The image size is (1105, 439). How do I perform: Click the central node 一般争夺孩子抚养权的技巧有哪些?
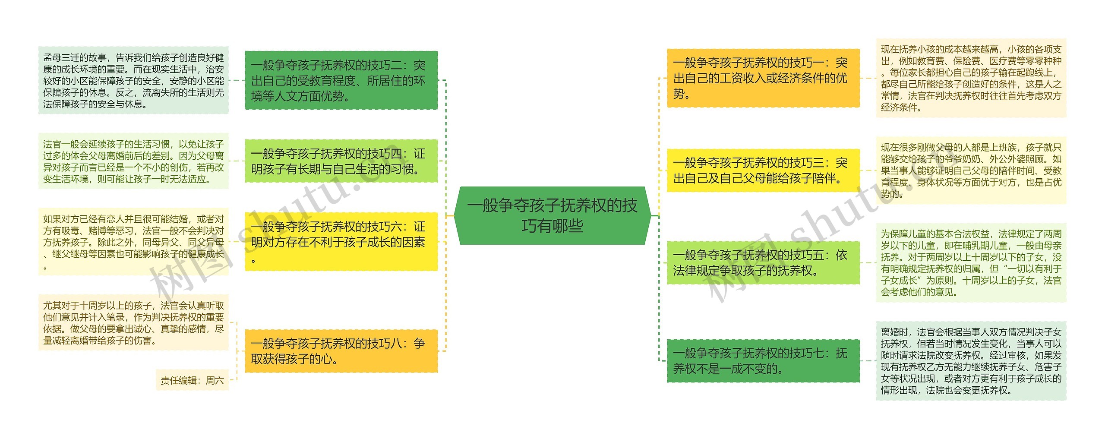[x=552, y=215]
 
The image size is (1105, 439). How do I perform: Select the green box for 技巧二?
[x=341, y=80]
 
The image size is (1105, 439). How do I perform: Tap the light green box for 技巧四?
[x=341, y=161]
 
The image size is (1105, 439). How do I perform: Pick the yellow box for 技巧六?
[x=341, y=241]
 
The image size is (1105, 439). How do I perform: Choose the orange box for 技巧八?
[x=341, y=351]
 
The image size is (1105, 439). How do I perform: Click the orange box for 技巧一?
[x=763, y=78]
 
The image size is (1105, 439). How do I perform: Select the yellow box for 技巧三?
[x=763, y=171]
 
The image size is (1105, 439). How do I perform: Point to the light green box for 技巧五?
[x=763, y=262]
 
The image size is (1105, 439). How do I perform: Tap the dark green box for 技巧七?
[x=763, y=361]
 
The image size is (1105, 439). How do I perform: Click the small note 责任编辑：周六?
[x=192, y=380]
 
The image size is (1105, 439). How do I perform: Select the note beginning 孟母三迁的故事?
[x=133, y=81]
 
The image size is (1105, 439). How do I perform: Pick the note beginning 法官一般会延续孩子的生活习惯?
[x=133, y=161]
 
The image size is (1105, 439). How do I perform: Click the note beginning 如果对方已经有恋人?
[x=133, y=242]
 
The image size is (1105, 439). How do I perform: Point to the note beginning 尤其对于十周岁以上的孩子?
[x=133, y=323]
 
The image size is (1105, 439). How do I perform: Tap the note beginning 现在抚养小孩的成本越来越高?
[x=971, y=78]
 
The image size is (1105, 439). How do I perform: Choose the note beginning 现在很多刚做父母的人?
[x=971, y=171]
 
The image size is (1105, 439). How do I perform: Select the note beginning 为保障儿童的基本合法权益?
[x=971, y=262]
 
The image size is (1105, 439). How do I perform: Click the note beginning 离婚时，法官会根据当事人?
[x=971, y=361]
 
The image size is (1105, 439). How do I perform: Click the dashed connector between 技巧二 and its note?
[x=237, y=80]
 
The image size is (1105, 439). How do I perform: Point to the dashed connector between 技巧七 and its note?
[x=868, y=361]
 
